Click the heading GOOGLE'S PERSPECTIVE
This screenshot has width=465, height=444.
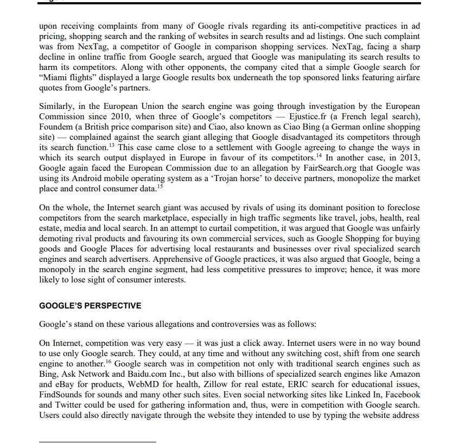click(x=90, y=306)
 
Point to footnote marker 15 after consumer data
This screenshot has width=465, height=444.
click(x=160, y=186)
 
